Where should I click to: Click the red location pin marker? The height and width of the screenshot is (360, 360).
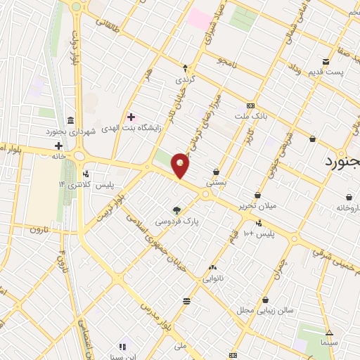pyautogui.click(x=181, y=165)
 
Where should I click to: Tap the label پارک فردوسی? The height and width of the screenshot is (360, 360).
pyautogui.click(x=177, y=221)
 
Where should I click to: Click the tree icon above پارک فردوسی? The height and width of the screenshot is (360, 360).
pyautogui.click(x=176, y=210)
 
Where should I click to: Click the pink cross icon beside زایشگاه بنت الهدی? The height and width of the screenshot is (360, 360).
pyautogui.click(x=131, y=116)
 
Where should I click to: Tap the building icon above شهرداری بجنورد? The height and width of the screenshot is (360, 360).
pyautogui.click(x=70, y=120)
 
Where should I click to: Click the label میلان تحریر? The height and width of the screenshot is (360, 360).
pyautogui.click(x=257, y=206)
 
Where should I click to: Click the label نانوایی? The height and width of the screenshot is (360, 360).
pyautogui.click(x=213, y=278)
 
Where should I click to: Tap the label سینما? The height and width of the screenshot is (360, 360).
pyautogui.click(x=329, y=343)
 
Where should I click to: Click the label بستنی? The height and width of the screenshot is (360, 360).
pyautogui.click(x=216, y=181)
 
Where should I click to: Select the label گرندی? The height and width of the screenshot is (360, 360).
pyautogui.click(x=185, y=79)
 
